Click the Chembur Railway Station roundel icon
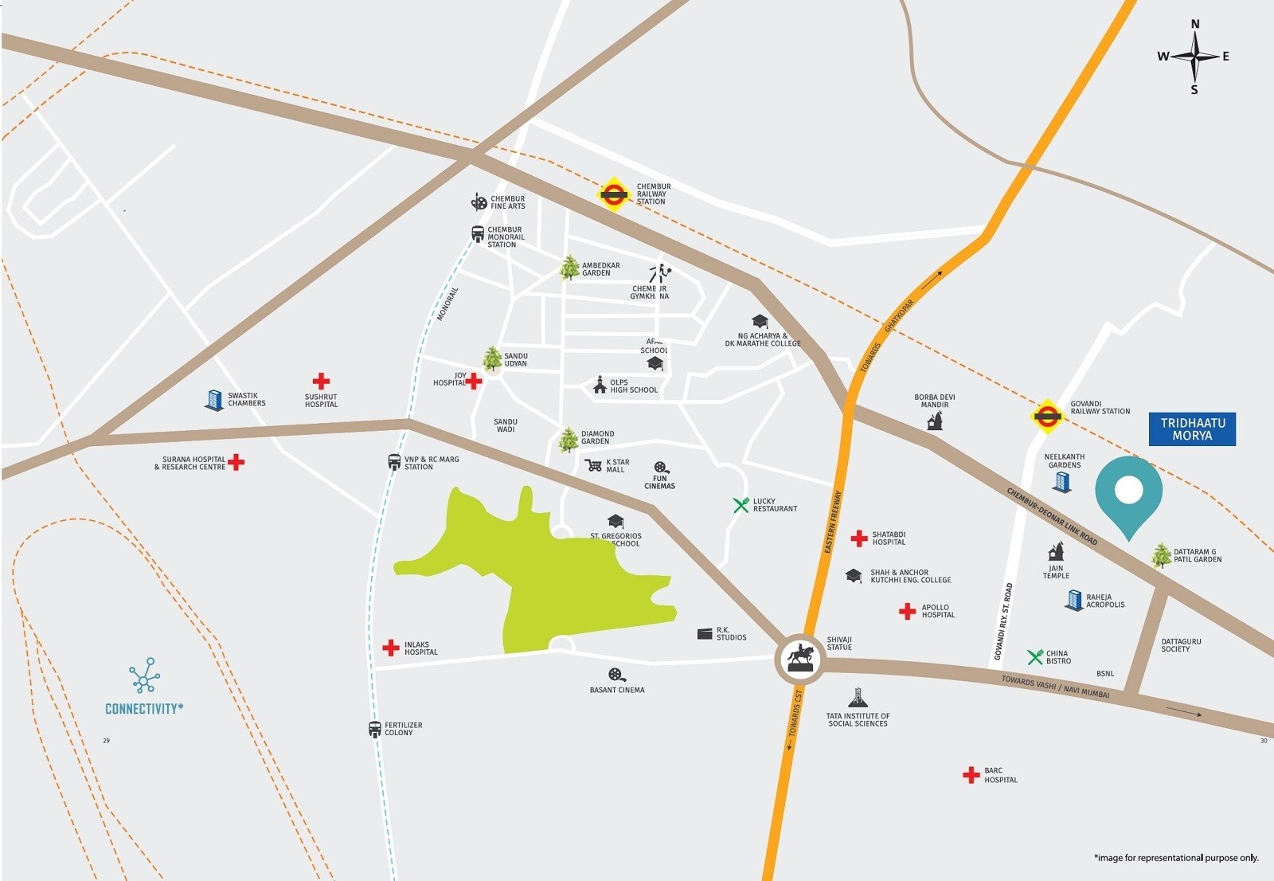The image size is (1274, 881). pyautogui.click(x=613, y=194)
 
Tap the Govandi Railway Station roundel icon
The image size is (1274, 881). pyautogui.click(x=1047, y=415)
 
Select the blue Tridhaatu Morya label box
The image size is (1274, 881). pyautogui.click(x=1192, y=429)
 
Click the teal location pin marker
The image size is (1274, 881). pyautogui.click(x=1128, y=494)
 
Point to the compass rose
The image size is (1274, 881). pyautogui.click(x=1194, y=57)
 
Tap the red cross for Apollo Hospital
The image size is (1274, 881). pyautogui.click(x=907, y=611)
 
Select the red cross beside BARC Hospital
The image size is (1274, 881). pyautogui.click(x=971, y=775)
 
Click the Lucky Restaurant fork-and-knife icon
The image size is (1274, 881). pyautogui.click(x=741, y=505)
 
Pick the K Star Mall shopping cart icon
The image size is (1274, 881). pyautogui.click(x=593, y=465)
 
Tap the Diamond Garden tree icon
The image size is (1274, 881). pyautogui.click(x=568, y=439)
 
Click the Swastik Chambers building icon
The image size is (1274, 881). pyautogui.click(x=214, y=399)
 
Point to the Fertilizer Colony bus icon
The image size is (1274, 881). pyautogui.click(x=375, y=729)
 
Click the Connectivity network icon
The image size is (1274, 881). pyautogui.click(x=144, y=675)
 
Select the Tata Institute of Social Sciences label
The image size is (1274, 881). pyautogui.click(x=858, y=720)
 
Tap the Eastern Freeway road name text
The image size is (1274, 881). pyautogui.click(x=832, y=523)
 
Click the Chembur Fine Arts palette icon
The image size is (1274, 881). pyautogui.click(x=479, y=202)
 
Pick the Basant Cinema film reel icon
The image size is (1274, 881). pyautogui.click(x=616, y=675)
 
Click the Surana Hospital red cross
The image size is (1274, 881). pyautogui.click(x=236, y=462)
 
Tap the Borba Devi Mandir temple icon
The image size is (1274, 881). pyautogui.click(x=935, y=421)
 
